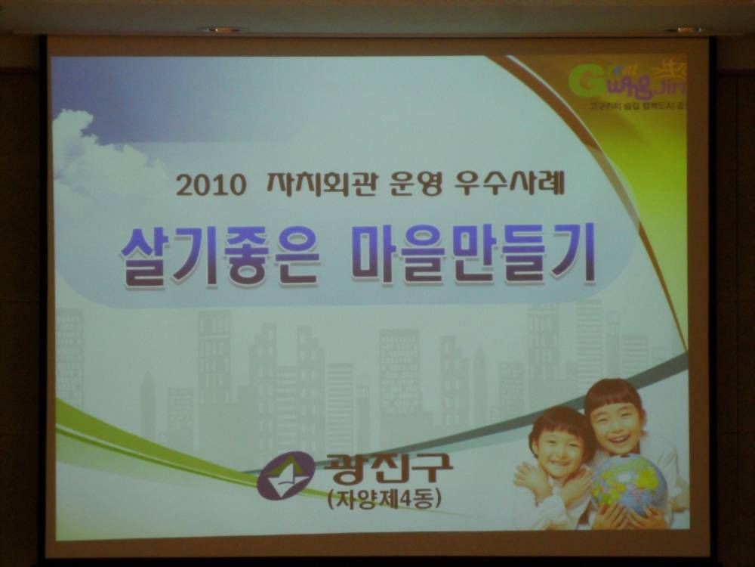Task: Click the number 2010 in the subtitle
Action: click(211, 184)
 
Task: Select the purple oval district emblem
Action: click(286, 475)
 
